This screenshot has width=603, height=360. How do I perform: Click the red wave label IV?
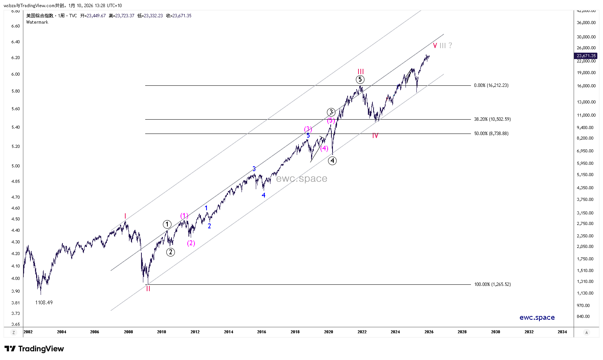pos(375,135)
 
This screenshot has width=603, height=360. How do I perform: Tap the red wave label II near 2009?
pos(148,289)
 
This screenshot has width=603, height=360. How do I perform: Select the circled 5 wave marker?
pos(360,79)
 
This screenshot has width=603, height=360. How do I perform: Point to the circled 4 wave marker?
pos(332,161)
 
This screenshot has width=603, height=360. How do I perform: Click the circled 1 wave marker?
pos(167,224)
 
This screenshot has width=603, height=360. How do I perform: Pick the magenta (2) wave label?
pos(191,243)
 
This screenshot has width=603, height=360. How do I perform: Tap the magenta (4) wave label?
pos(324,148)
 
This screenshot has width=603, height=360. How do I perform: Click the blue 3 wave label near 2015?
pos(254,169)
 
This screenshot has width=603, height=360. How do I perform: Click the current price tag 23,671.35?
pos(586,56)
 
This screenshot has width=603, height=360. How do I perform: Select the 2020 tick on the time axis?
pos(328,332)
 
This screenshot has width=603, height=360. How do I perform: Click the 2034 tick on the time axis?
pos(562,332)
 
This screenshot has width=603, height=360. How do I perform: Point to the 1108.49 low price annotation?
pos(44,302)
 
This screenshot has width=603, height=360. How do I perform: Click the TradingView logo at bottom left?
pos(34,349)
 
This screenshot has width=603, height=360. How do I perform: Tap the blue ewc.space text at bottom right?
pos(537,317)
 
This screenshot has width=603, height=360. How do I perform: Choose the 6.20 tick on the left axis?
pos(15,58)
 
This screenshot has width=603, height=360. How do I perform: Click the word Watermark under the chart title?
pos(37,22)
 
